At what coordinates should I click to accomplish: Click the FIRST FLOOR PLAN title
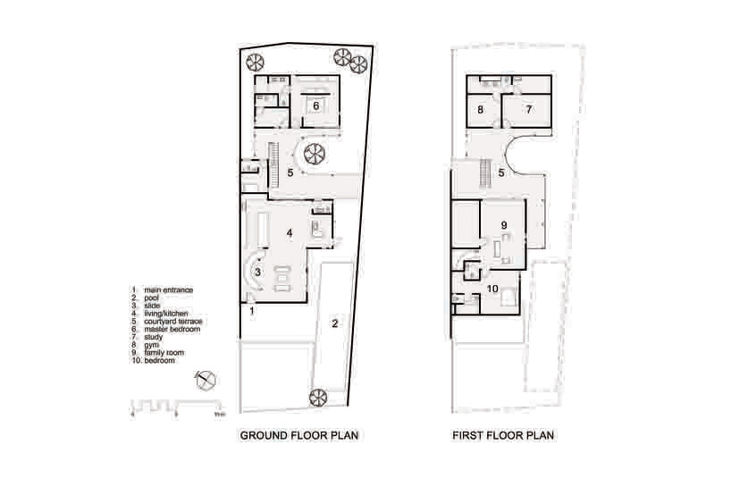pyautogui.click(x=503, y=437)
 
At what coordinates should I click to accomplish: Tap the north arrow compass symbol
pyautogui.click(x=206, y=380)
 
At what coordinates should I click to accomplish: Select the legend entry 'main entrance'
pyautogui.click(x=168, y=290)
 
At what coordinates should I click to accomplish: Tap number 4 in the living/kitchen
pyautogui.click(x=290, y=232)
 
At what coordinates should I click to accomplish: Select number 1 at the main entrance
pyautogui.click(x=252, y=311)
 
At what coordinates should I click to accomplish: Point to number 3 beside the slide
pyautogui.click(x=257, y=272)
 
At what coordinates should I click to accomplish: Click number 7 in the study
pyautogui.click(x=528, y=111)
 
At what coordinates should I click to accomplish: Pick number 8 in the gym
pyautogui.click(x=480, y=111)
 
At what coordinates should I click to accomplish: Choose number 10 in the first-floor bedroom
pyautogui.click(x=492, y=288)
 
